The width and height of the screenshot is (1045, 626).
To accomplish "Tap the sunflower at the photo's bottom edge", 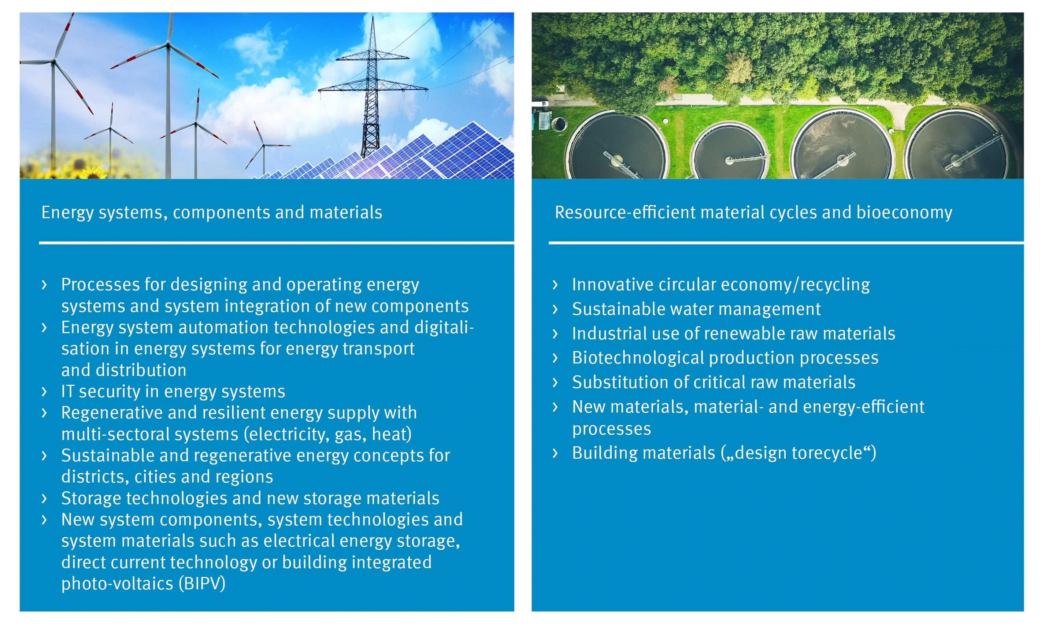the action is [94, 173].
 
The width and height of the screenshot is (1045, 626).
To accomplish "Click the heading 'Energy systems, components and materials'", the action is [211, 213].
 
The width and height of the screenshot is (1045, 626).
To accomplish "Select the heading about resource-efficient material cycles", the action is [753, 213].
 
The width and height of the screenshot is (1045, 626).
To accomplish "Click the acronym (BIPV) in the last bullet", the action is [202, 584].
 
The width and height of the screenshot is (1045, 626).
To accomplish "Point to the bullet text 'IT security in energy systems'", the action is [173, 391].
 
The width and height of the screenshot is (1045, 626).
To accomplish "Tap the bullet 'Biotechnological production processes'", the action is [725, 358].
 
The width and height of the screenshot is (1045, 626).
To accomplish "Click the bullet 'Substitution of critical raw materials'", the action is [714, 382].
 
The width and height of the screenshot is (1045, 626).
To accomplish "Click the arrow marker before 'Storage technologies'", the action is [44, 499].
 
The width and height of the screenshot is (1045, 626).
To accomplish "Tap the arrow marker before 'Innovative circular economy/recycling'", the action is [555, 285].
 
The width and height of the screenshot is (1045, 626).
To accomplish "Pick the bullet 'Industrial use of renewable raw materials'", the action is [734, 334].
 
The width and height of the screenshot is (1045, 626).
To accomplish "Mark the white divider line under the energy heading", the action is [277, 243].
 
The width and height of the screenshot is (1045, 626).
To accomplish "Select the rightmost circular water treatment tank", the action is [958, 145].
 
